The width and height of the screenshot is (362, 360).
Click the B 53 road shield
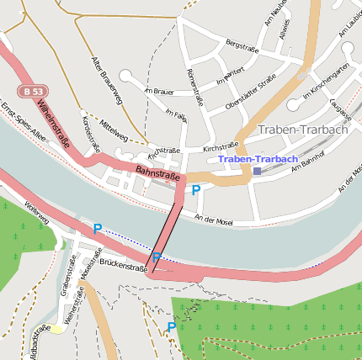tap(34, 91)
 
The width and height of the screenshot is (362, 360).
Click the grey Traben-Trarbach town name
tap(301, 130)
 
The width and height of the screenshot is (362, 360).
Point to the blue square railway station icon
tap(255, 171)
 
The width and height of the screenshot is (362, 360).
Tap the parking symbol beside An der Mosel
tap(196, 191)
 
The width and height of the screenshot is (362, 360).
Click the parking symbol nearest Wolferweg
tap(98, 229)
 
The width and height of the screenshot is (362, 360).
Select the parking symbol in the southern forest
tap(171, 327)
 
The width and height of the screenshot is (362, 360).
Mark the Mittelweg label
tap(114, 129)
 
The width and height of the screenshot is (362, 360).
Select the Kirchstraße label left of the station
tap(221, 146)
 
